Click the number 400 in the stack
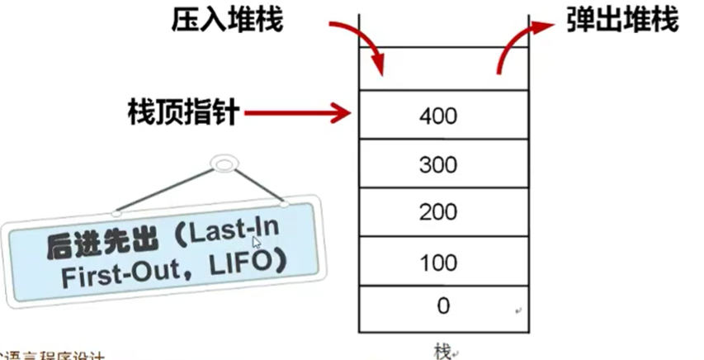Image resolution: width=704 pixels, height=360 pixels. [437, 116]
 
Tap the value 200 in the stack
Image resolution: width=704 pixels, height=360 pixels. [437, 213]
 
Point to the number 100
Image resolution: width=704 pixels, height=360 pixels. [437, 263]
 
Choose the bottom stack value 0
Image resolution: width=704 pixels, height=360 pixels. [443, 306]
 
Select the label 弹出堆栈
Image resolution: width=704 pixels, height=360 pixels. [621, 21]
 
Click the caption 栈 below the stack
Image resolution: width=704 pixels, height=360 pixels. [442, 350]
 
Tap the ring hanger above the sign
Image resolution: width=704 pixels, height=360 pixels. [223, 165]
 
